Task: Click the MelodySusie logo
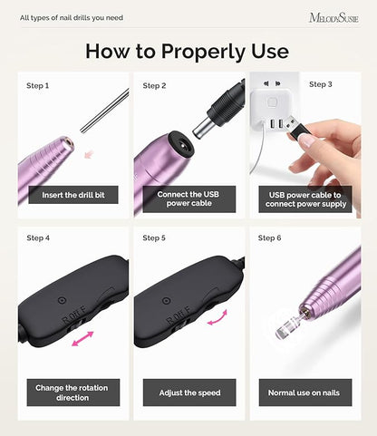(333, 18)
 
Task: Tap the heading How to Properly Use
(187, 51)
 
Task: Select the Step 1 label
(37, 86)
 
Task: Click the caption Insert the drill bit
(73, 195)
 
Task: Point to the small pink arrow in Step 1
(89, 154)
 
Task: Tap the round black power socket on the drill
(180, 145)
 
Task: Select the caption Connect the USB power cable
(188, 199)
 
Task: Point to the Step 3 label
(321, 84)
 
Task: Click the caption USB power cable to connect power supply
(305, 199)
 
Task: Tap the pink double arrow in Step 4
(82, 339)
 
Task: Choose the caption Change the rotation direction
(72, 392)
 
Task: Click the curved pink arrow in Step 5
(217, 318)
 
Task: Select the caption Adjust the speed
(189, 392)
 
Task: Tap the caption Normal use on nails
(304, 392)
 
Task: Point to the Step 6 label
(269, 238)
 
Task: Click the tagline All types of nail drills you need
(72, 18)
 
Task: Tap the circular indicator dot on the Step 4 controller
(62, 300)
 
